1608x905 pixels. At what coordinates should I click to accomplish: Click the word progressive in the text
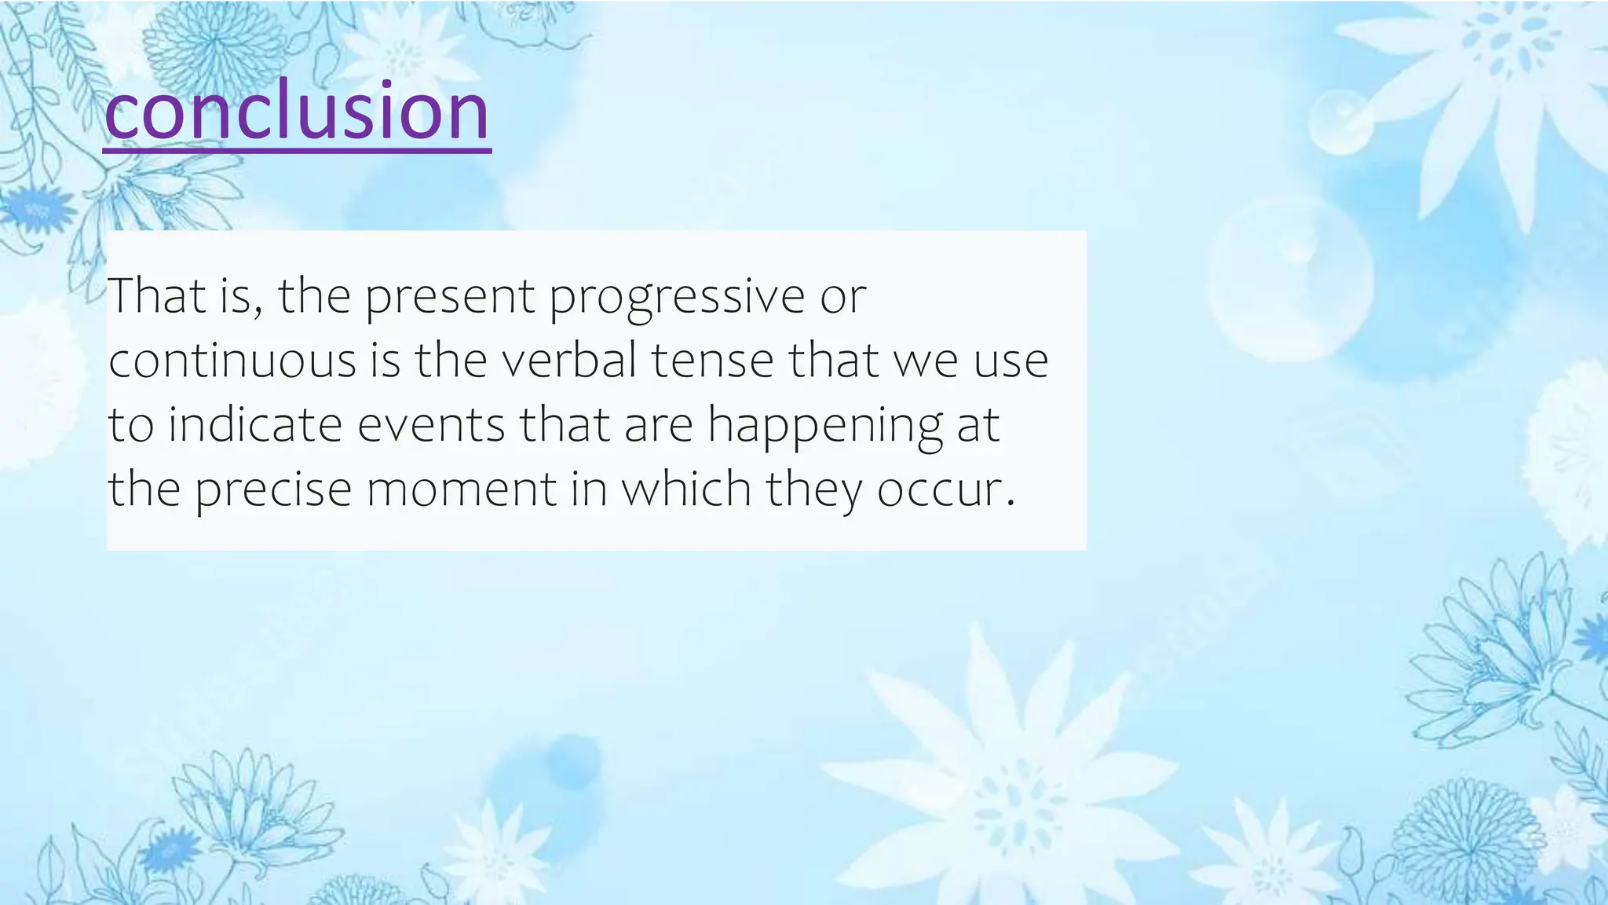tap(677, 297)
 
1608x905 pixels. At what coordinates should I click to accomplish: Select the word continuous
tap(232, 361)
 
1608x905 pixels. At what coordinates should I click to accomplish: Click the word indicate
tap(255, 425)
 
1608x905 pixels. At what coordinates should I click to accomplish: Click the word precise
tap(273, 490)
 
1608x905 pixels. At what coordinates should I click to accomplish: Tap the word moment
tap(462, 489)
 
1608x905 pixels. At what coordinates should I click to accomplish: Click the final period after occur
tap(1010, 503)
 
